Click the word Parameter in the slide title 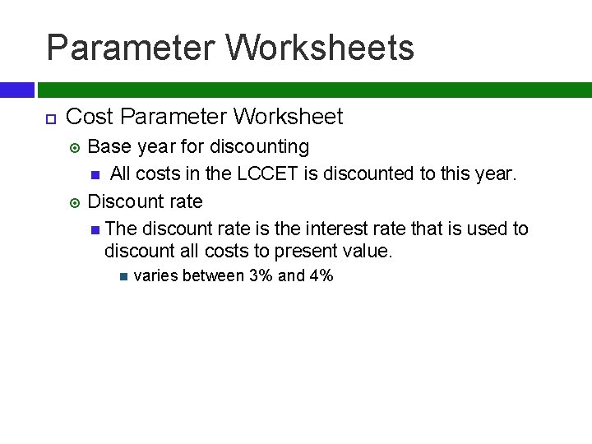point(129,48)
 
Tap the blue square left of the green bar point(16,90)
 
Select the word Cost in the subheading point(88,118)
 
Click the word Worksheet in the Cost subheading point(288,118)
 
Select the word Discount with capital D point(124,201)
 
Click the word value point(366,250)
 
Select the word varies point(155,276)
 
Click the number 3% point(261,276)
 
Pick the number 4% point(321,276)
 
